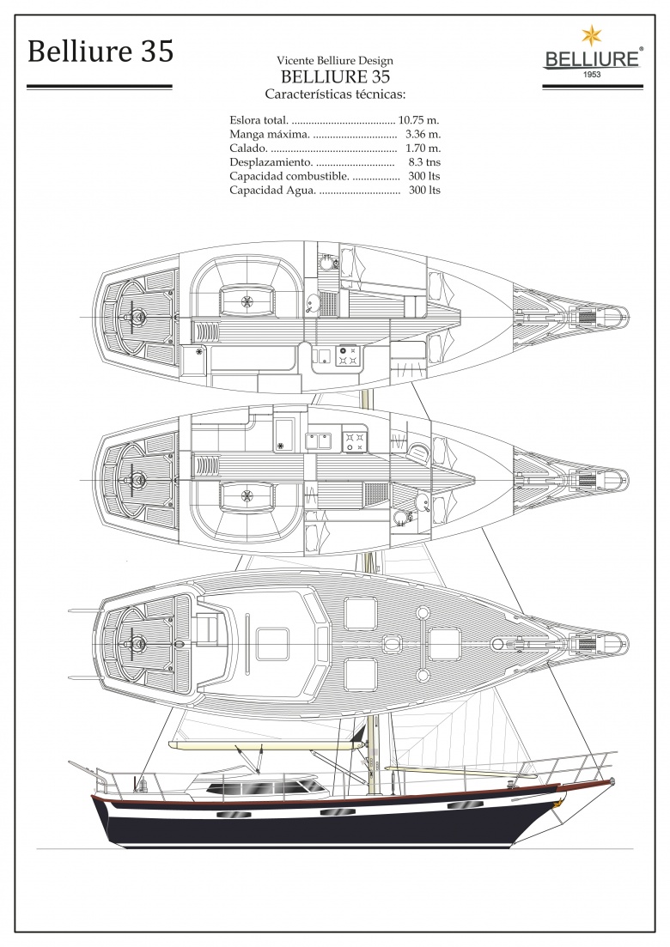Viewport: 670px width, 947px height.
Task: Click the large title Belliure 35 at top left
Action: (x=100, y=51)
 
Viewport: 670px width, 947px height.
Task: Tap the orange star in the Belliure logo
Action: (x=592, y=36)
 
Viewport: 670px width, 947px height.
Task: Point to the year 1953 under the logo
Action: (x=592, y=75)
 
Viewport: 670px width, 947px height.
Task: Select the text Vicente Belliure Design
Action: (x=335, y=60)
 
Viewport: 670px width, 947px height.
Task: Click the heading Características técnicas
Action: (x=335, y=94)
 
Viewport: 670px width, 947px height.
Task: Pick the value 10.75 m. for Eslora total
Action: (x=418, y=119)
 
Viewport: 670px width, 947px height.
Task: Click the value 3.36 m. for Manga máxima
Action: (x=423, y=133)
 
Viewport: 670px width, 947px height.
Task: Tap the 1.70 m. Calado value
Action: (x=423, y=148)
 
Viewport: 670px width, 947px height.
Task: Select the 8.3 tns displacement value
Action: (x=424, y=162)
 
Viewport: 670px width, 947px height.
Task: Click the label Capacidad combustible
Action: (x=289, y=176)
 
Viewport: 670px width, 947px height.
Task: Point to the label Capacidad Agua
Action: (x=272, y=191)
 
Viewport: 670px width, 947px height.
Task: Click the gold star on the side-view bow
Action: (x=559, y=802)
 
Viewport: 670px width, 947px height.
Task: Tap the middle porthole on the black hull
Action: (x=333, y=812)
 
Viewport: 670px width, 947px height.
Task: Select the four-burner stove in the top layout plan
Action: (x=347, y=355)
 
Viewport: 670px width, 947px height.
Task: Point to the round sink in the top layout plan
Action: (x=312, y=302)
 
